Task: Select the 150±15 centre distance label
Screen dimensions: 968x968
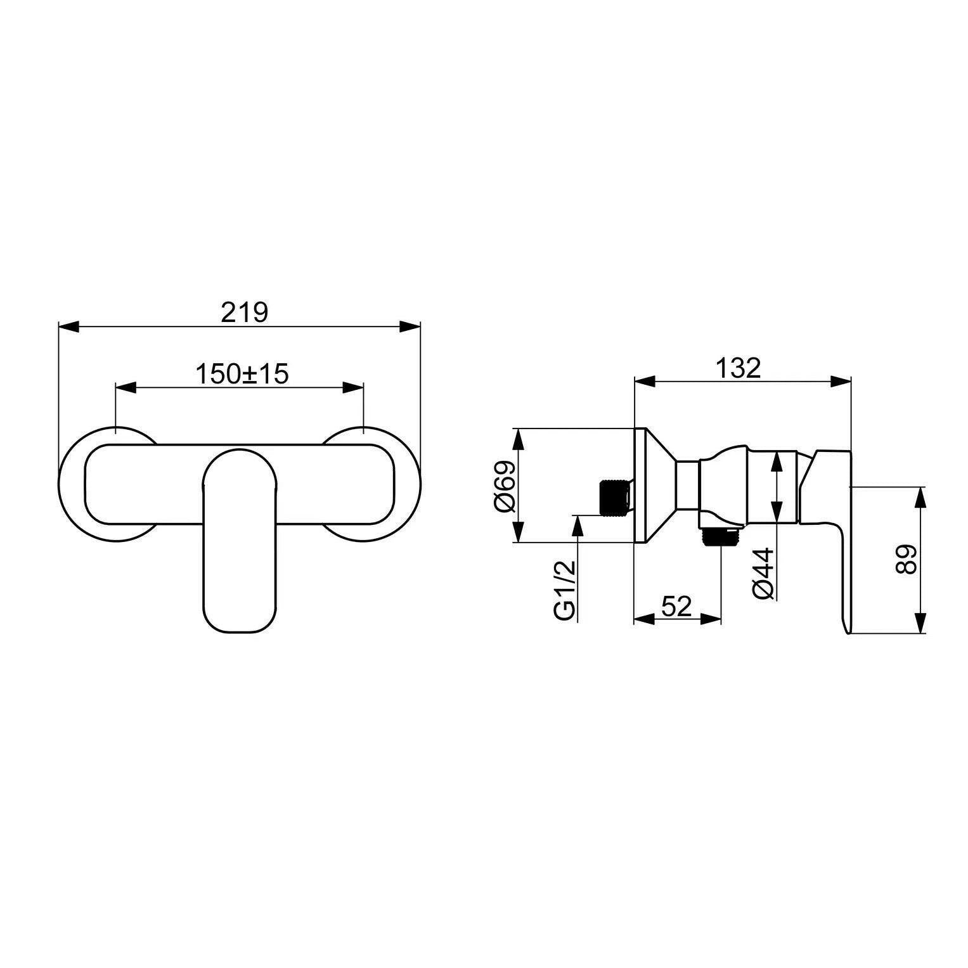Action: click(242, 374)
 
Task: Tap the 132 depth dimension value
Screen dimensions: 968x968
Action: click(738, 368)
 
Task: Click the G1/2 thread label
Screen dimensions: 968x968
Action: click(564, 590)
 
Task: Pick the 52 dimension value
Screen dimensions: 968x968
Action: click(676, 607)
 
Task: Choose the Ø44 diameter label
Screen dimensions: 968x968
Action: click(763, 572)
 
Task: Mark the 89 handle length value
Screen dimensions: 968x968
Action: click(906, 559)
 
